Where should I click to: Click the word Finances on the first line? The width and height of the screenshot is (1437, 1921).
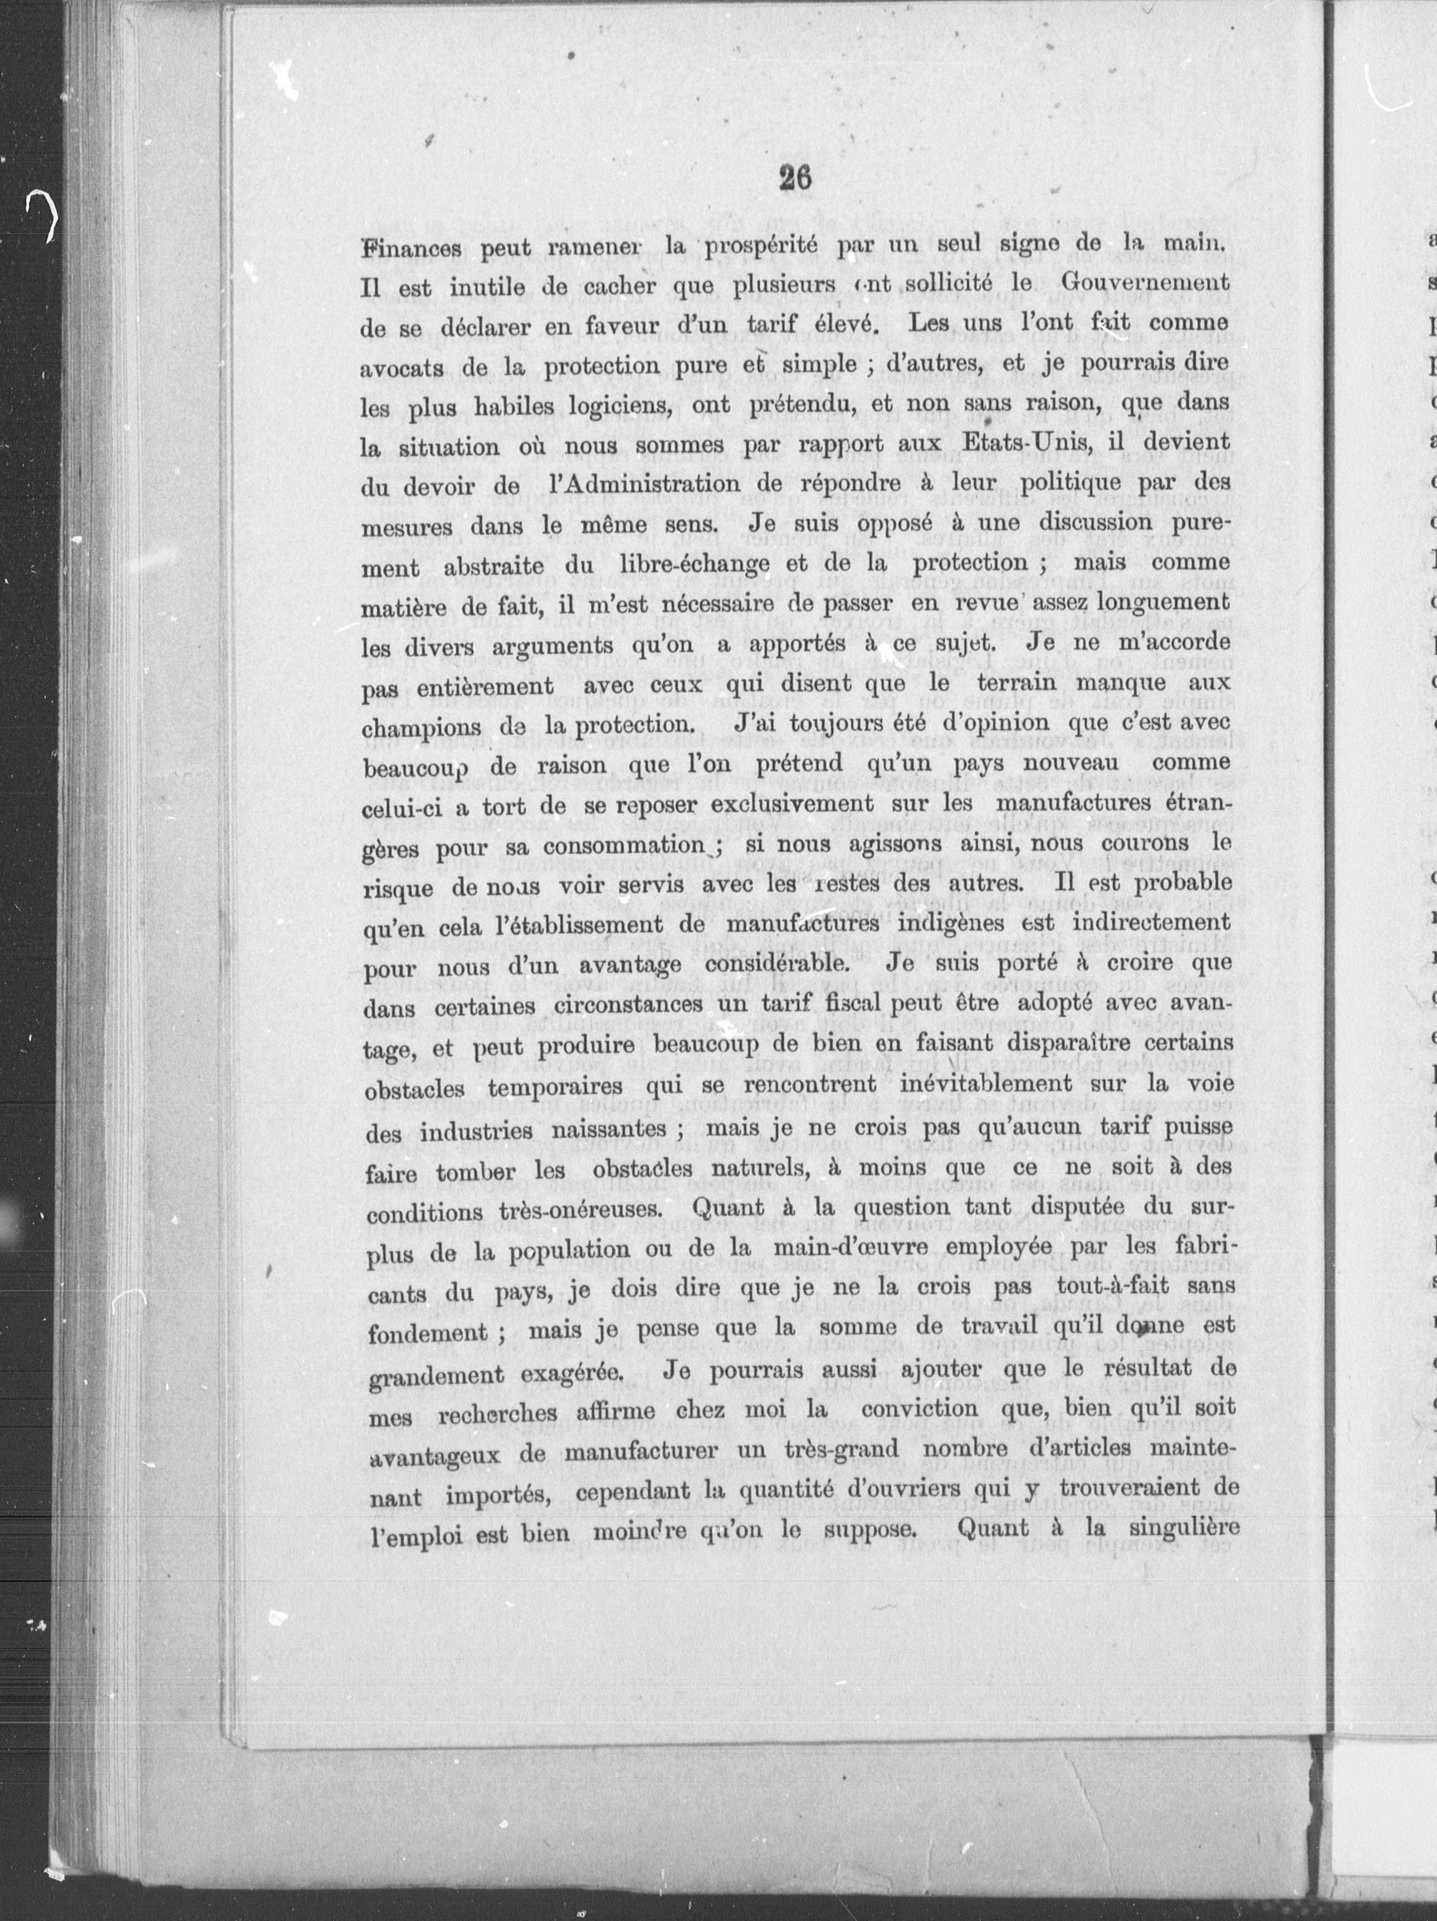[412, 248]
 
